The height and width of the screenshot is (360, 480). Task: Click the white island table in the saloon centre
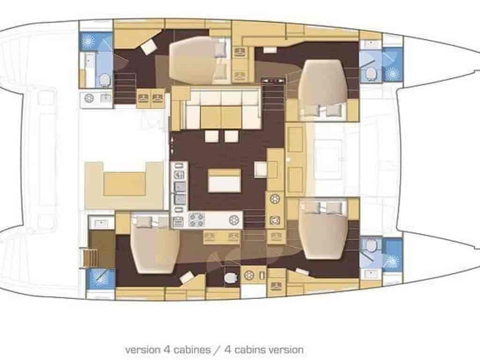(225, 180)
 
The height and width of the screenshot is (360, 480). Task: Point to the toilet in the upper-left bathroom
(105, 80)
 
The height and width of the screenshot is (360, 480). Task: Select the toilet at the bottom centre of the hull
(231, 277)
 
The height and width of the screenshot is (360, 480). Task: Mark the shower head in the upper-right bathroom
(391, 74)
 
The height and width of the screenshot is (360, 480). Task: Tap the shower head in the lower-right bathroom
(391, 262)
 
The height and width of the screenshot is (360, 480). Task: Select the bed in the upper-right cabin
(323, 87)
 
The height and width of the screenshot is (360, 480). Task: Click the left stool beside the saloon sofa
(211, 136)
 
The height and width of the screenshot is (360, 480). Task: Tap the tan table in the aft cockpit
(124, 183)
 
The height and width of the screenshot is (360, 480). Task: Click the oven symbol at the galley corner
(178, 221)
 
